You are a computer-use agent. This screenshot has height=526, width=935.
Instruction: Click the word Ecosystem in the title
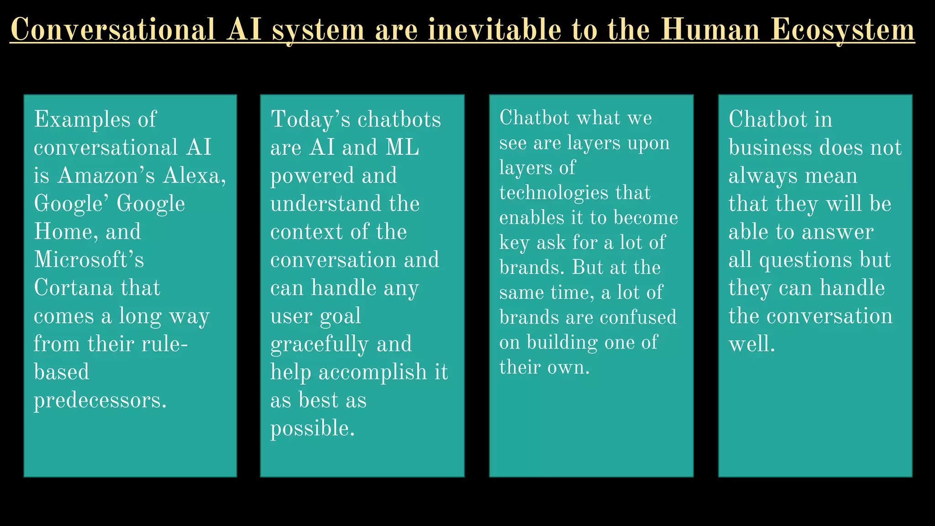pos(843,30)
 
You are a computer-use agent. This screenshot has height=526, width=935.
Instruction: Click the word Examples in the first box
pos(83,120)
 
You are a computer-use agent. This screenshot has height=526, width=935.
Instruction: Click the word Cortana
pos(73,288)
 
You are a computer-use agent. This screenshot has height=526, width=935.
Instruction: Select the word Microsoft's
pos(89,260)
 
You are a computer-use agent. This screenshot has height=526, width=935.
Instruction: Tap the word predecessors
pos(100,400)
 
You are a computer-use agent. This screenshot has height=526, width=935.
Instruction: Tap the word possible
pos(312,429)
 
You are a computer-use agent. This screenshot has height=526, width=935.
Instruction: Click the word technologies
pos(554,193)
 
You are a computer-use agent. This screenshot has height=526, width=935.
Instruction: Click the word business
pos(770,148)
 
